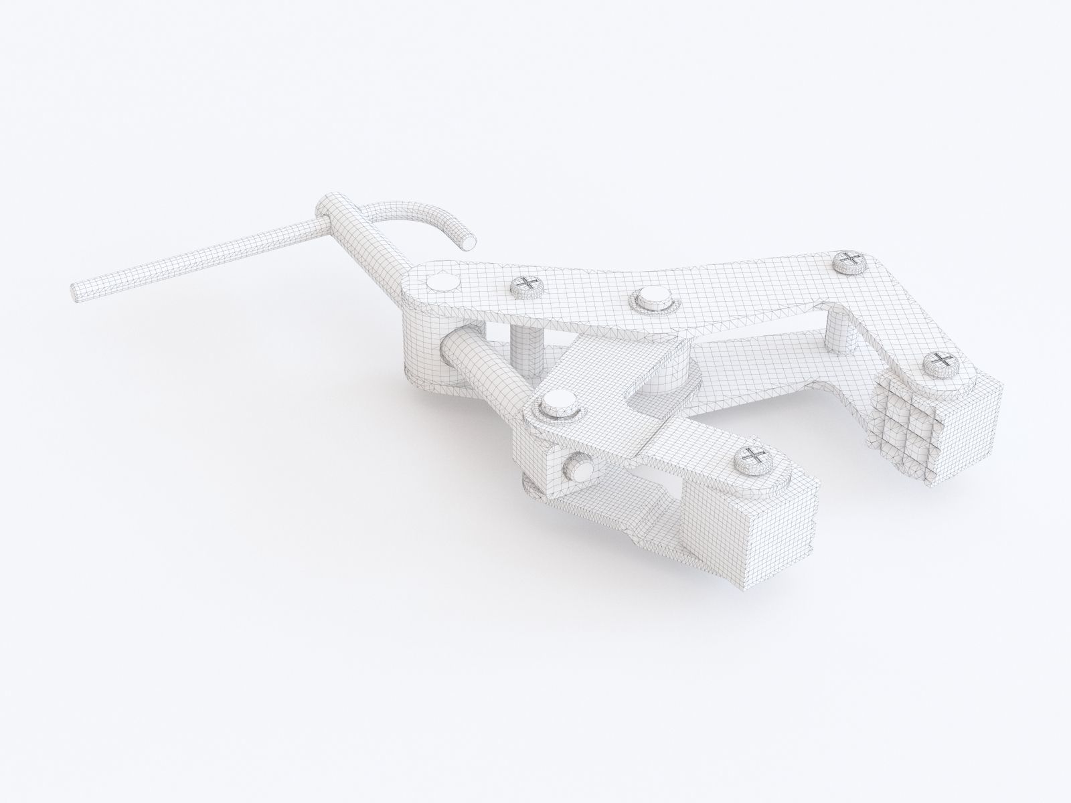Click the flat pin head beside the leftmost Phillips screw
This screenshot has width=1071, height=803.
click(442, 283)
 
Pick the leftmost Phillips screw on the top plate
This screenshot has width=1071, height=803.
click(528, 286)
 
